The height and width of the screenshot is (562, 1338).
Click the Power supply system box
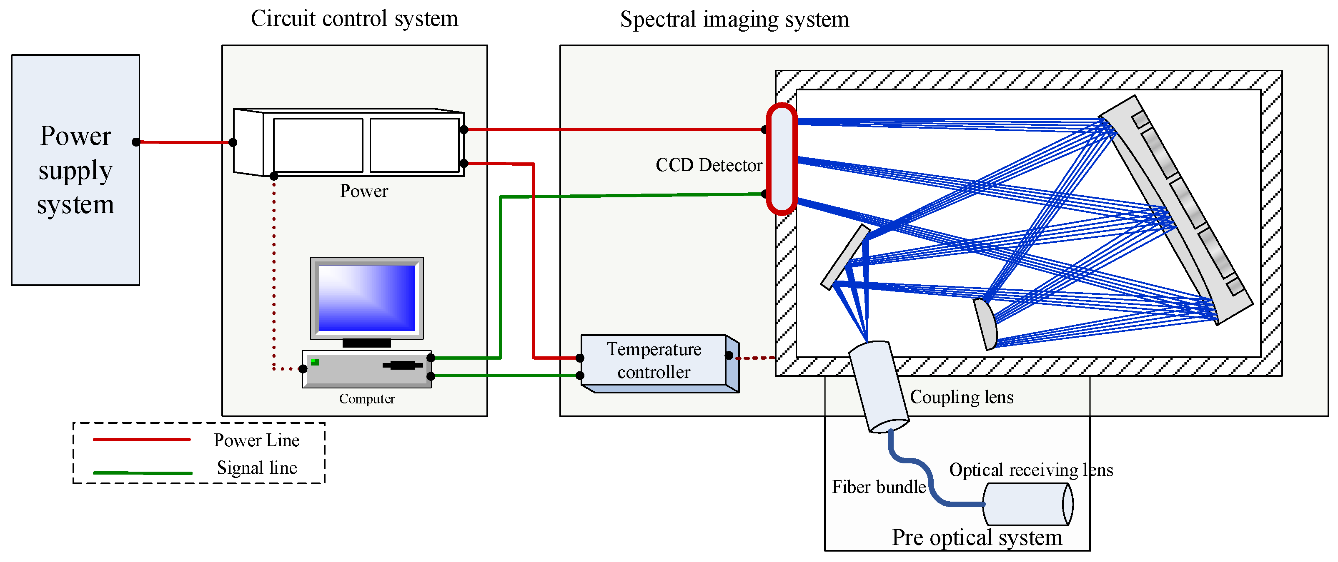(75, 170)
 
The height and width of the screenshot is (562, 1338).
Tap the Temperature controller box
(654, 360)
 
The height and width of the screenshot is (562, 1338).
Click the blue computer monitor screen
(366, 298)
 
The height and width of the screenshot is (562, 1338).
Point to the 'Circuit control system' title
(354, 19)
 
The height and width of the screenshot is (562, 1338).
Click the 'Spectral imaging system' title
(734, 20)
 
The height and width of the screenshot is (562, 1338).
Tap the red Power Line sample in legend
(141, 440)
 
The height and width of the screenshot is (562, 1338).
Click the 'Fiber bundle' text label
(878, 487)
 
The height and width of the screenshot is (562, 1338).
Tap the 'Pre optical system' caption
(977, 537)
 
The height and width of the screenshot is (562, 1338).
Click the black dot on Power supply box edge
(135, 142)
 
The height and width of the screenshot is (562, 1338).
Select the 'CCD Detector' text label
(709, 165)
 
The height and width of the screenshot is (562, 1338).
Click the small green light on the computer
(315, 362)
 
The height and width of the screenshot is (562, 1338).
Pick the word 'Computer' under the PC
(367, 398)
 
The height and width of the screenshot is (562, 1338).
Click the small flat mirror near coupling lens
(845, 257)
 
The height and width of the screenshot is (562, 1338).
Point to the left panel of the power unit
(318, 145)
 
